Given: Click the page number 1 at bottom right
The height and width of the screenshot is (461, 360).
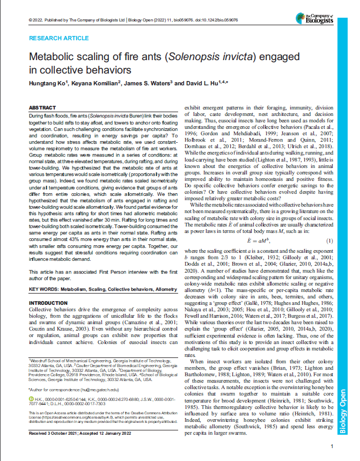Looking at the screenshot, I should coord(333,446).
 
